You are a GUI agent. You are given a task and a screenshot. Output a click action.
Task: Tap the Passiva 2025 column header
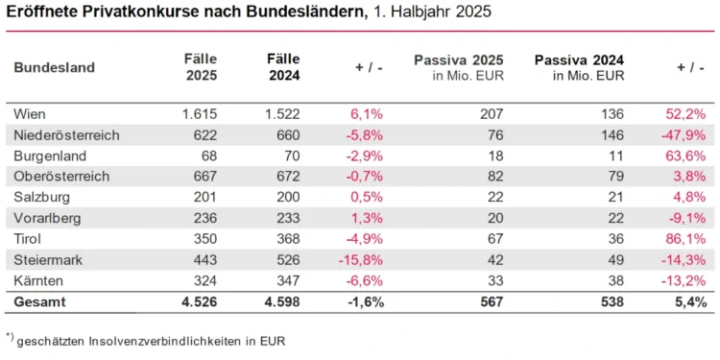(x=460, y=67)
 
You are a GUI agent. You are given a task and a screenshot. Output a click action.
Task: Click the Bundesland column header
(x=55, y=67)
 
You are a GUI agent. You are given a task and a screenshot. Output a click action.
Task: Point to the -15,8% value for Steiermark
(x=365, y=258)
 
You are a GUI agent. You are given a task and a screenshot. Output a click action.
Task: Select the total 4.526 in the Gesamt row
(x=200, y=301)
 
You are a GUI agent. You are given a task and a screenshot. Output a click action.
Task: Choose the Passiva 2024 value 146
(x=612, y=135)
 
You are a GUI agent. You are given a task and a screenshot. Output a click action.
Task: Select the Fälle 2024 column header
(x=283, y=67)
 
